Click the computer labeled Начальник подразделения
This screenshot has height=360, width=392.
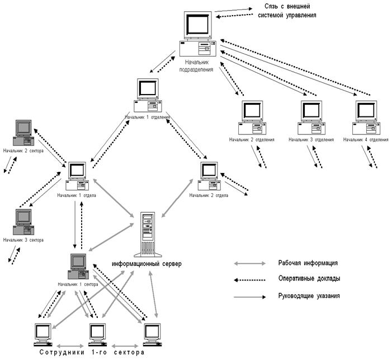(x=199, y=34)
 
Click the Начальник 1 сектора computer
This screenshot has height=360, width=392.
(x=78, y=267)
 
